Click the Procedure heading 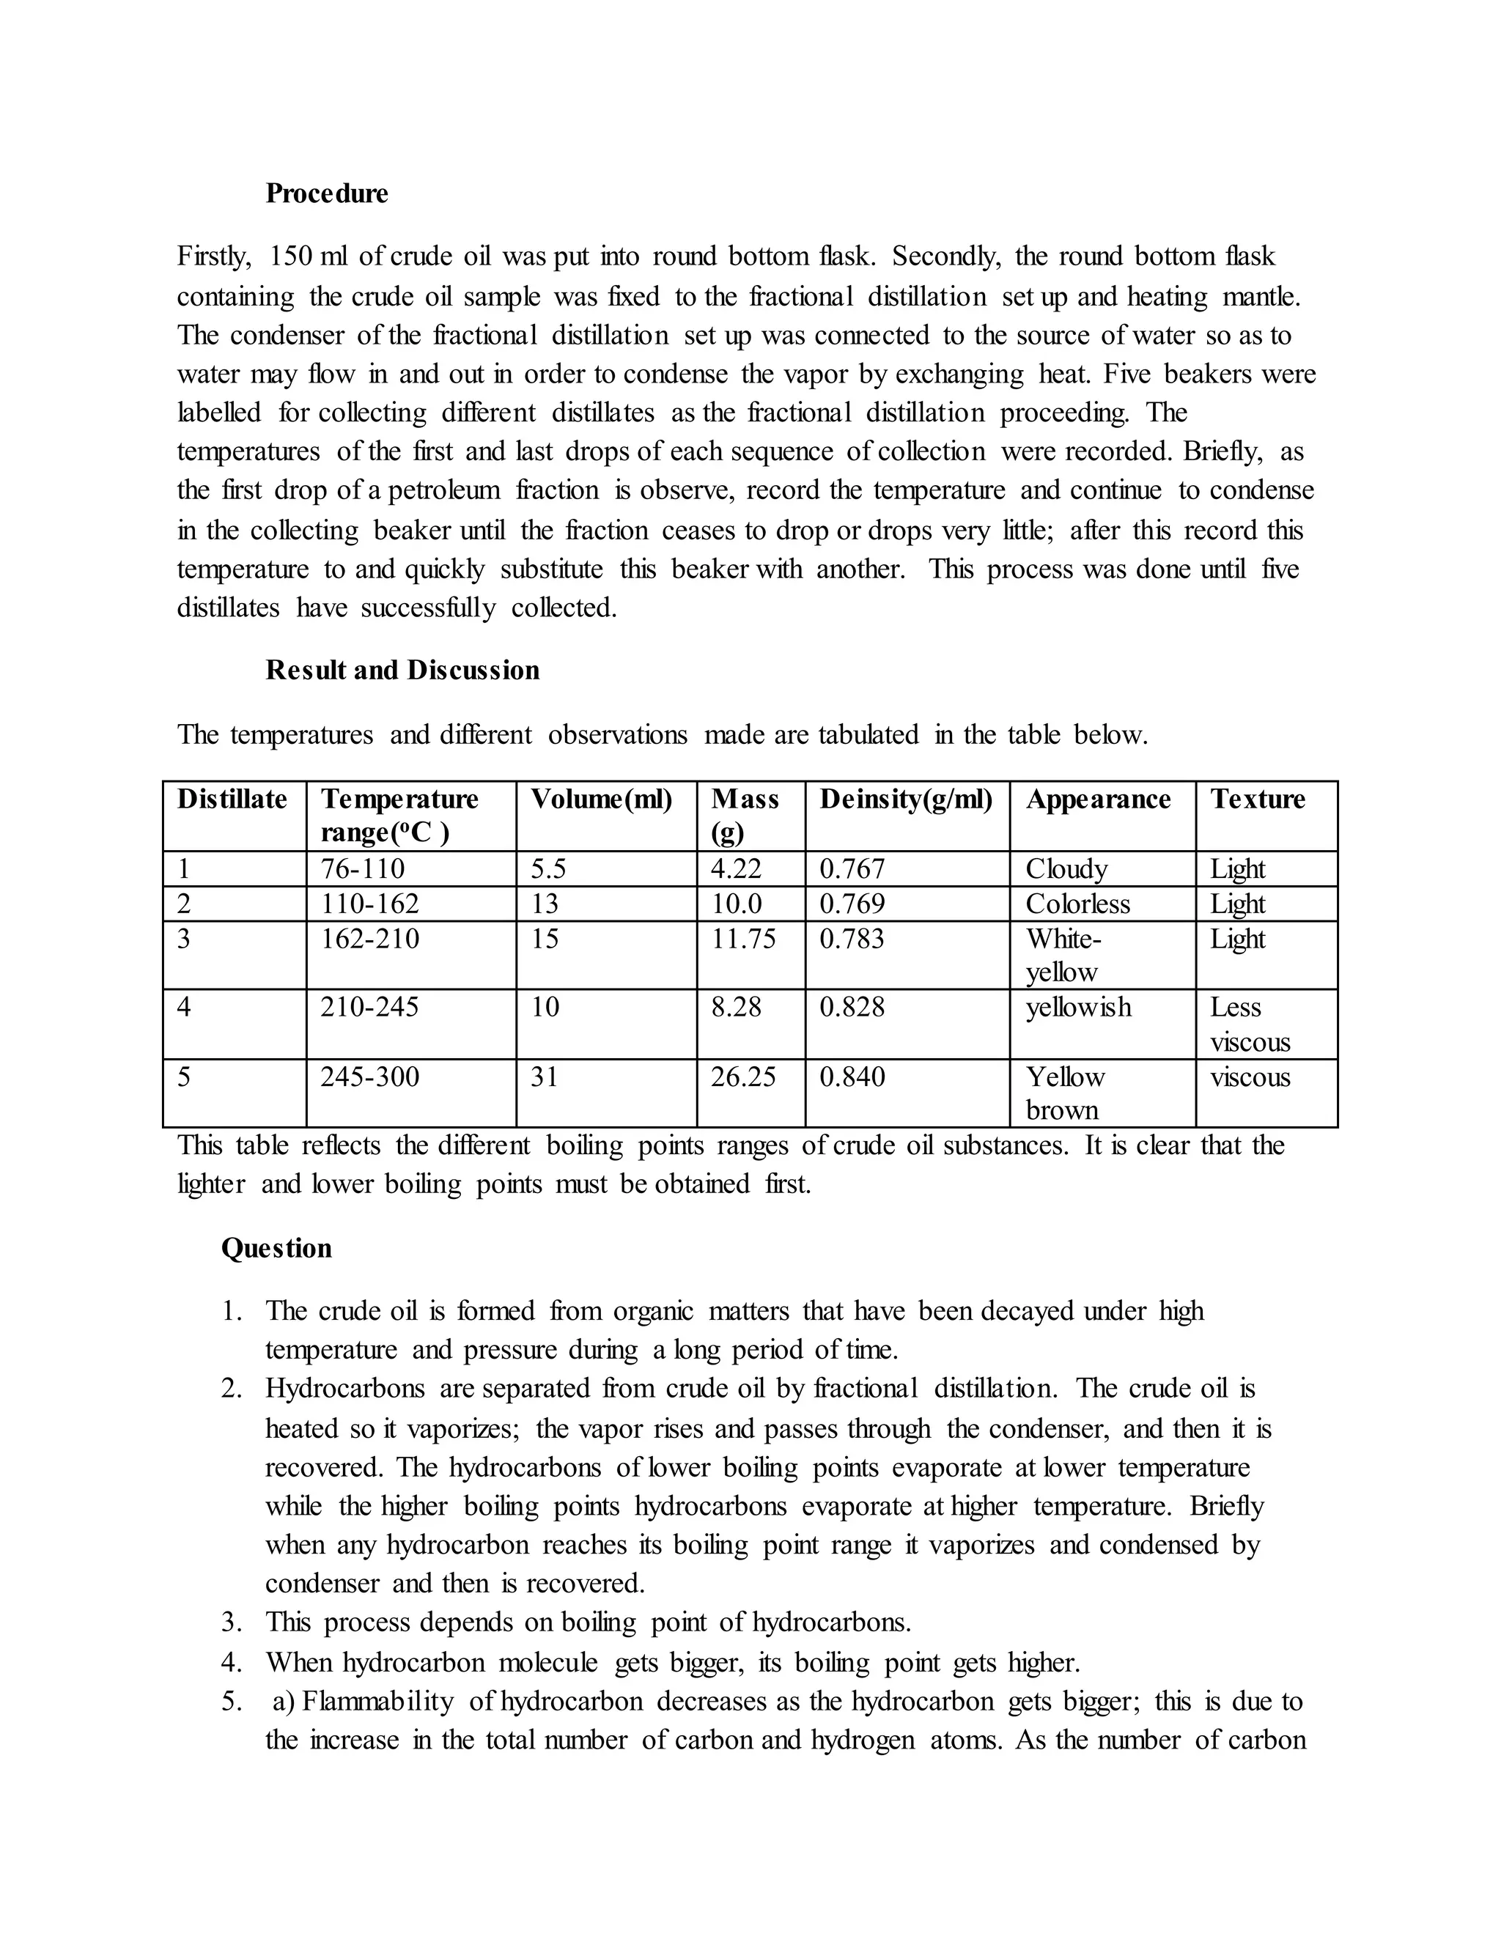(x=326, y=194)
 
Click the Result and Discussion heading (x=402, y=670)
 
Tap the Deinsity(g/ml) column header (x=905, y=800)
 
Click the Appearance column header (x=1097, y=800)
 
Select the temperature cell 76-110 (x=362, y=868)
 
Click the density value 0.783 (x=851, y=939)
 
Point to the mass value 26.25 (x=742, y=1077)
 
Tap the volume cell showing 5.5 (x=547, y=868)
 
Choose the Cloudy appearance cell (x=1066, y=868)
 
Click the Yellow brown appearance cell (x=1064, y=1093)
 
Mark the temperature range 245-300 (x=369, y=1077)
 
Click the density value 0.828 (x=851, y=1008)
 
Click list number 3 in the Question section (x=231, y=1622)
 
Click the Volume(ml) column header (x=601, y=800)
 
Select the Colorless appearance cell (x=1077, y=904)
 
